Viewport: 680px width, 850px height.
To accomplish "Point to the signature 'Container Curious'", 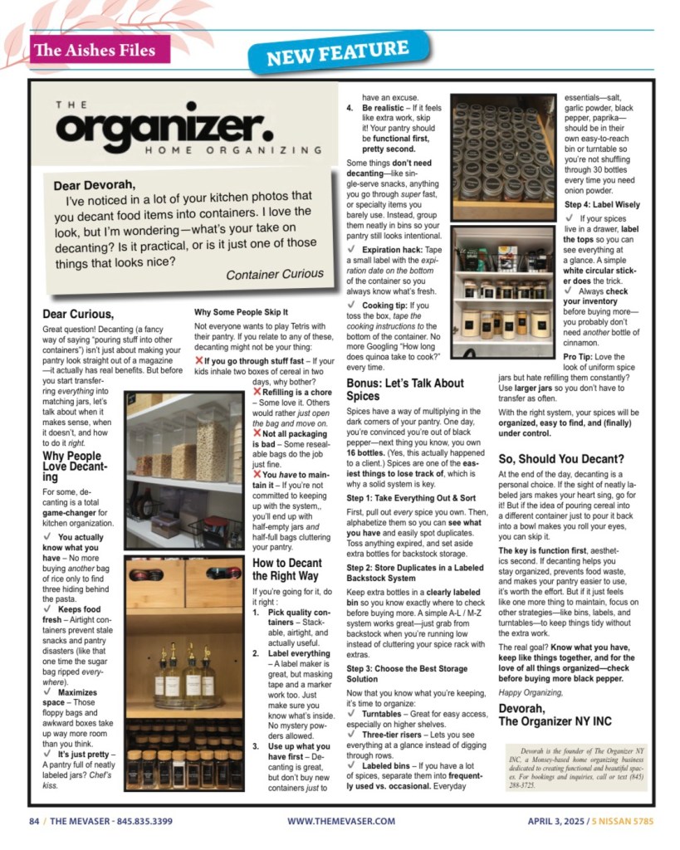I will (x=275, y=274).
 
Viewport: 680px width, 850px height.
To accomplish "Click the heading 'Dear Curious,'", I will (x=79, y=314).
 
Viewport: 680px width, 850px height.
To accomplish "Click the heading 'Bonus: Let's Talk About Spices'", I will (x=404, y=389).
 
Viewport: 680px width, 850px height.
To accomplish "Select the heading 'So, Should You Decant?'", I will (x=561, y=458).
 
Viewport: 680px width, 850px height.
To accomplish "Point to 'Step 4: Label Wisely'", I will (x=602, y=204).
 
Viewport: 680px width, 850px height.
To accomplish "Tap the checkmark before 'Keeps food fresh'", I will (x=50, y=609).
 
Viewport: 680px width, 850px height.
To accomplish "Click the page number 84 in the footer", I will (x=34, y=822).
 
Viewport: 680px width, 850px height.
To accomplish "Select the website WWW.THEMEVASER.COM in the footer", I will (x=341, y=822).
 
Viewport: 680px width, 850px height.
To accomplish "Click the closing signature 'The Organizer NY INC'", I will (x=555, y=721).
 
